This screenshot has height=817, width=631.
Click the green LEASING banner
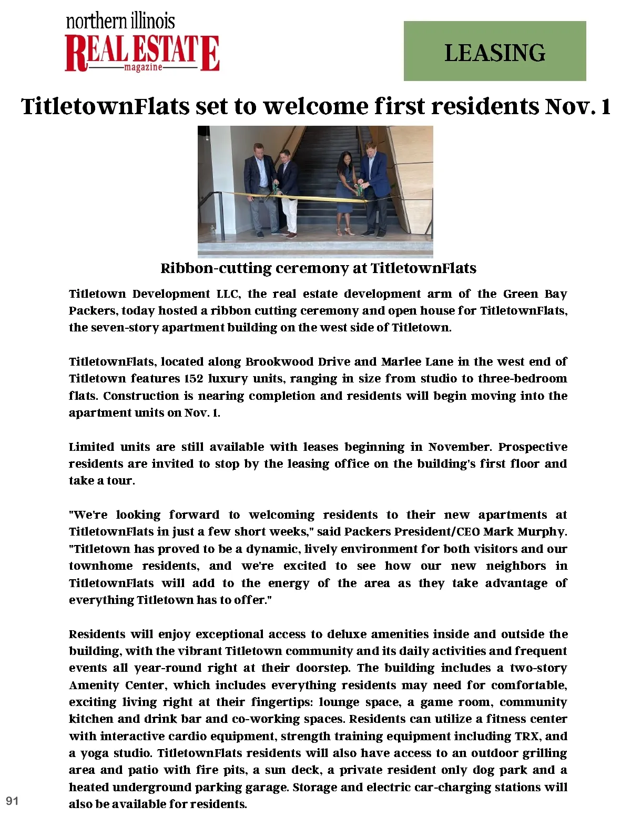(x=494, y=51)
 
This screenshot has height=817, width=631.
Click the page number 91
(x=12, y=801)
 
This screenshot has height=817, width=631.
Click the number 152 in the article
(x=193, y=379)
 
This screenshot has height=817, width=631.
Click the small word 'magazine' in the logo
(x=143, y=68)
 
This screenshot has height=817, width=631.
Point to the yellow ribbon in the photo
(x=315, y=198)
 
